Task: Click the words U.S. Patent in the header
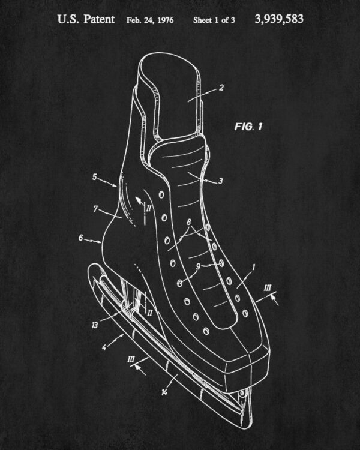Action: point(86,20)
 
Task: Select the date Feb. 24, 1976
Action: point(150,20)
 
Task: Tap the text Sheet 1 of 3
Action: point(214,20)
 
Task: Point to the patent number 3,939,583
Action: point(279,19)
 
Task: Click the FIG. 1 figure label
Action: point(248,126)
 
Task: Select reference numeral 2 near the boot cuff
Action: point(221,88)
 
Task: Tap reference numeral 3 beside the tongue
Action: point(220,181)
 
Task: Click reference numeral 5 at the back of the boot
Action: point(94,177)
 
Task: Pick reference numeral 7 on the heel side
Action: point(95,209)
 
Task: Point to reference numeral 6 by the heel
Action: point(80,238)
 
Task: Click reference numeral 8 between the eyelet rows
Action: point(188,222)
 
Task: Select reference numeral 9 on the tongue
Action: point(198,266)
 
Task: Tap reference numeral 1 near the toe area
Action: point(253,268)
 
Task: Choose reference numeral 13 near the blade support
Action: point(94,325)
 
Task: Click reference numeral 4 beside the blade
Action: point(104,347)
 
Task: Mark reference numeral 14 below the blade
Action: point(164,392)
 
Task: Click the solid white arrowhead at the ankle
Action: point(139,200)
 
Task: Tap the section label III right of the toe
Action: point(268,288)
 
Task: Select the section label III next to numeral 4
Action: point(131,359)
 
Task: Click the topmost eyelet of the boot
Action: point(161,195)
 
